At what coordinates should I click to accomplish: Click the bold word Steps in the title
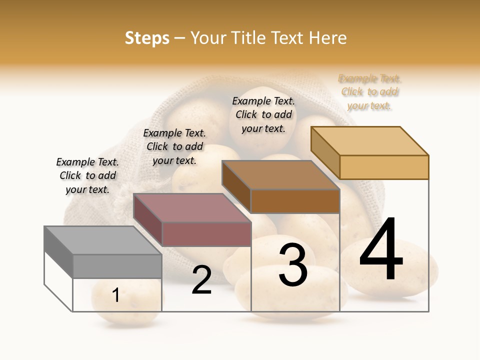pyautogui.click(x=147, y=38)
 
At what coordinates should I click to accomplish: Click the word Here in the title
pyautogui.click(x=327, y=38)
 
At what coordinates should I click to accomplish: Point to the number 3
pyautogui.click(x=292, y=264)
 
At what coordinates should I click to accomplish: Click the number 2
pyautogui.click(x=201, y=280)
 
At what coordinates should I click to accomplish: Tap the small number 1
pyautogui.click(x=116, y=295)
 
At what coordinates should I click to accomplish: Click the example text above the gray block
pyautogui.click(x=87, y=175)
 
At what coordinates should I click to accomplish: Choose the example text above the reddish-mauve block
pyautogui.click(x=174, y=146)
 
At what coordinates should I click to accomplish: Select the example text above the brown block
pyautogui.click(x=263, y=114)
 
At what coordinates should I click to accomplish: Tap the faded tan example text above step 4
pyautogui.click(x=370, y=92)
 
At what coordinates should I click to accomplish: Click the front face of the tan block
pyautogui.click(x=384, y=167)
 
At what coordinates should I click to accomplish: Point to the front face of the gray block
pyautogui.click(x=117, y=266)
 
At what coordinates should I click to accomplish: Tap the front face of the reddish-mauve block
pyautogui.click(x=206, y=234)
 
